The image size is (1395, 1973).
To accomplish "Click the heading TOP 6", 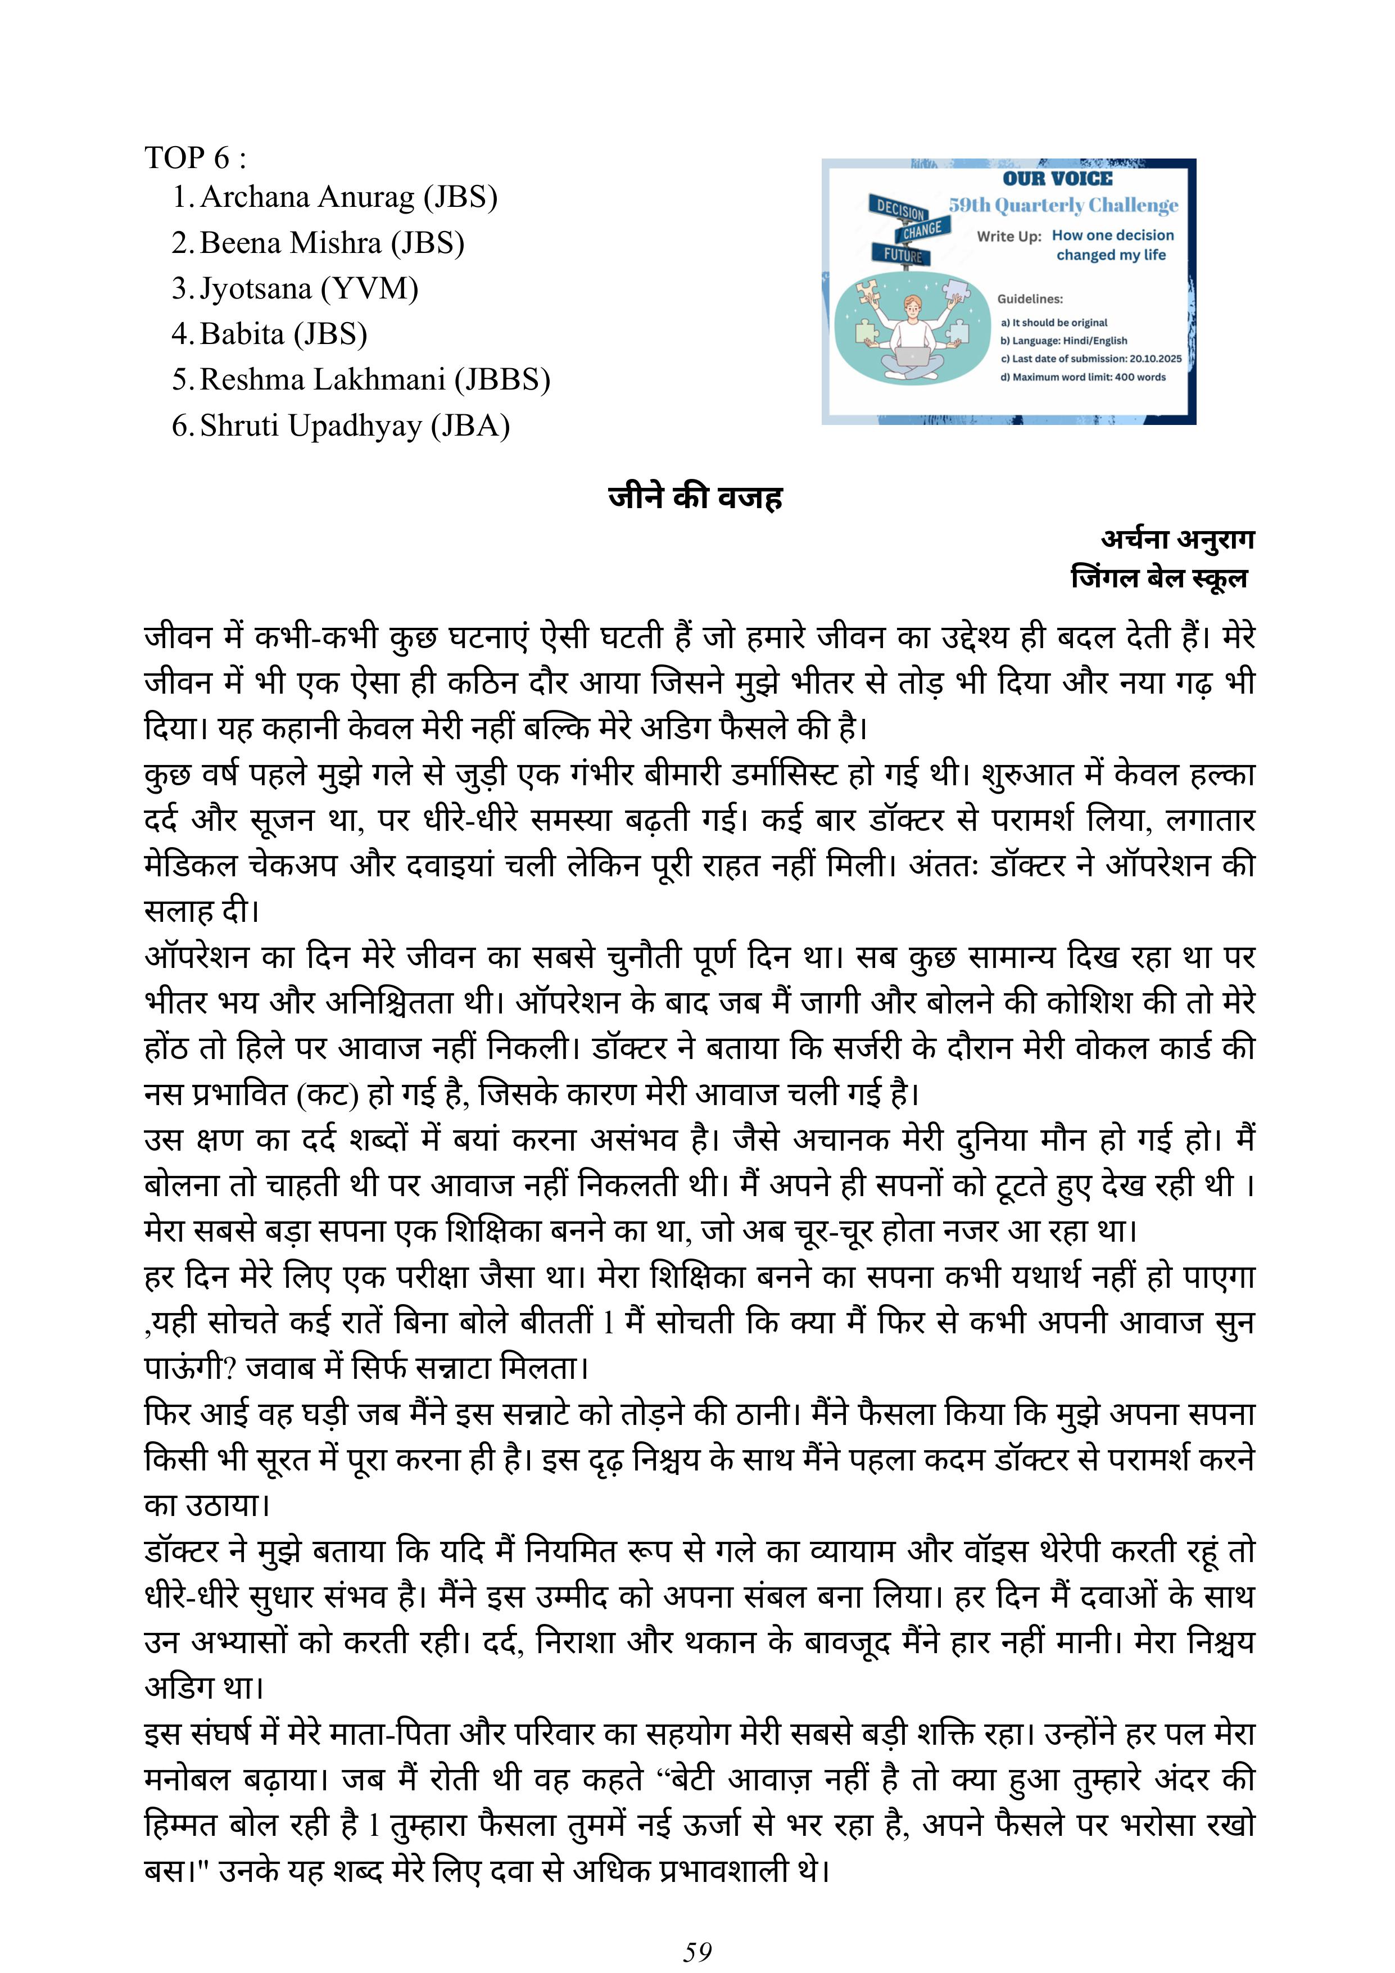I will click(x=195, y=157).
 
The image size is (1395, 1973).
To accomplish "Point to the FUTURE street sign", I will click(x=902, y=255).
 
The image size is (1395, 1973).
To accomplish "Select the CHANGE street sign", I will click(x=922, y=230).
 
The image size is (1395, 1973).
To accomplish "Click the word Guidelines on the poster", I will click(x=1029, y=299).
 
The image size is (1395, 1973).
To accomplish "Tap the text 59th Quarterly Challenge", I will click(x=1063, y=205).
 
